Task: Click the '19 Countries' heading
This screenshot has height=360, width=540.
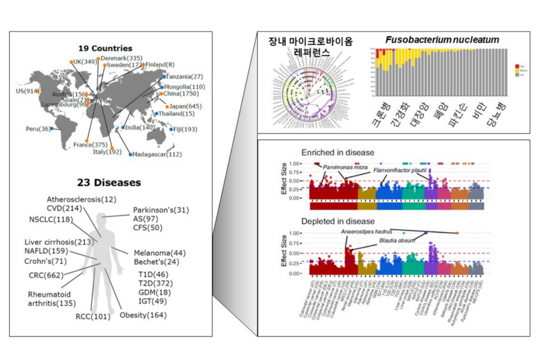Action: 105,48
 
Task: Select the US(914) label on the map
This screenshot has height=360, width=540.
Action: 27,91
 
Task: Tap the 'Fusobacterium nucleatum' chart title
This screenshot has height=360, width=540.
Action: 442,40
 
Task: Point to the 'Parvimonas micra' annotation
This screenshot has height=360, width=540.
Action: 344,167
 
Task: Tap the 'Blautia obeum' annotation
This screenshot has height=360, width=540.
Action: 397,240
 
